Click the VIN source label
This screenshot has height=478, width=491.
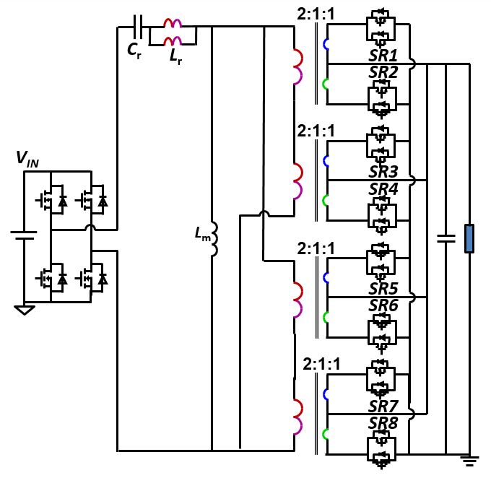[29, 159]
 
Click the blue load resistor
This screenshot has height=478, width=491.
[469, 239]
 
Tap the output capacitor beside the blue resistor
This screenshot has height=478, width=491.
[446, 238]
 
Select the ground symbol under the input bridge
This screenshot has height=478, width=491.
[23, 309]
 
